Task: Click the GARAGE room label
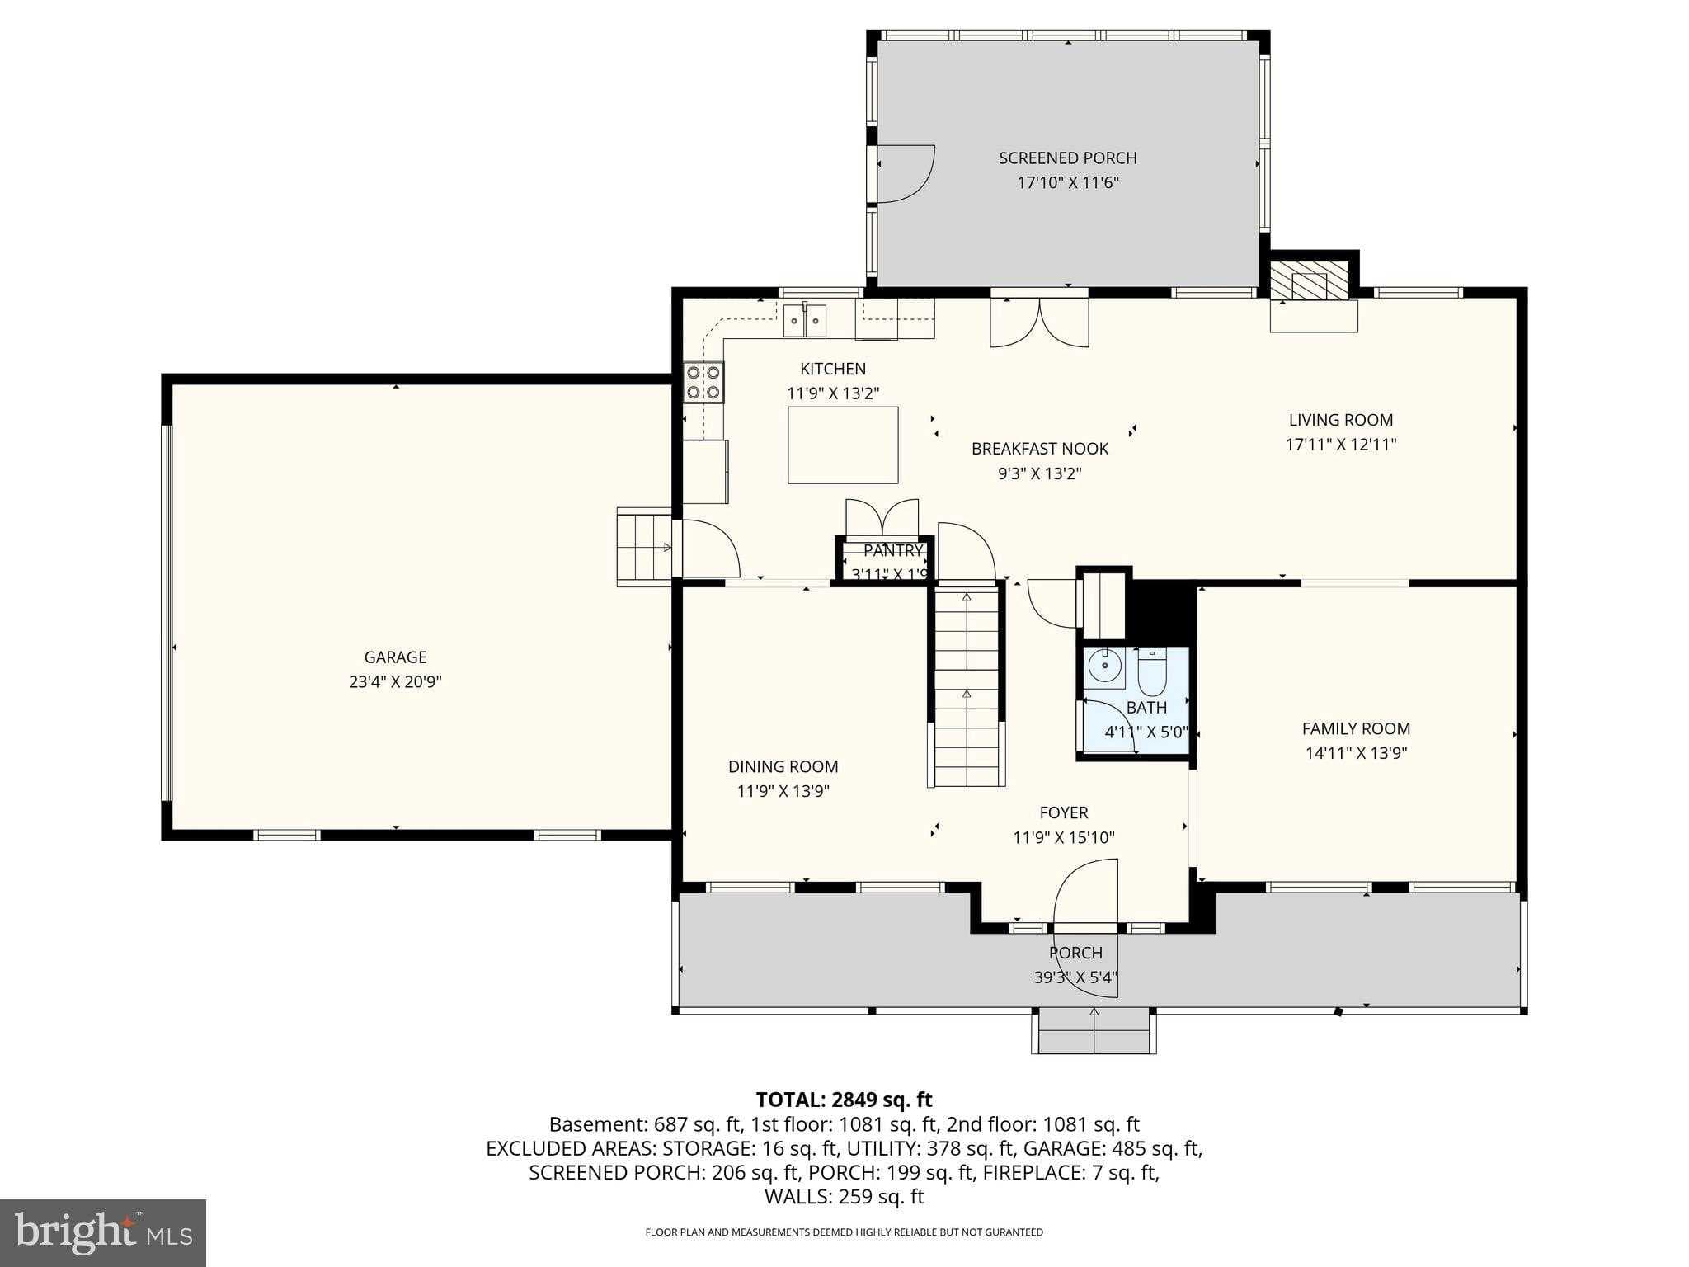point(395,657)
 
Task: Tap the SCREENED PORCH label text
point(1067,158)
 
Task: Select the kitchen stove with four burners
point(703,382)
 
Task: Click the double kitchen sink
point(804,321)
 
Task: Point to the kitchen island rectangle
point(842,445)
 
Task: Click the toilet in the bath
point(1151,672)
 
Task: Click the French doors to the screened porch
point(1039,323)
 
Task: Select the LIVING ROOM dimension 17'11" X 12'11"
point(1340,445)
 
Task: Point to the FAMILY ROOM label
point(1356,729)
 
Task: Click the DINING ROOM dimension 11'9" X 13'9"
point(783,791)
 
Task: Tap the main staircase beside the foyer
point(967,685)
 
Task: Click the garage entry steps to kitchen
point(644,547)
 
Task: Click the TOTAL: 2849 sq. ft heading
point(844,1100)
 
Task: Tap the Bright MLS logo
point(103,1232)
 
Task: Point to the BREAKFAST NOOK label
point(1039,450)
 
